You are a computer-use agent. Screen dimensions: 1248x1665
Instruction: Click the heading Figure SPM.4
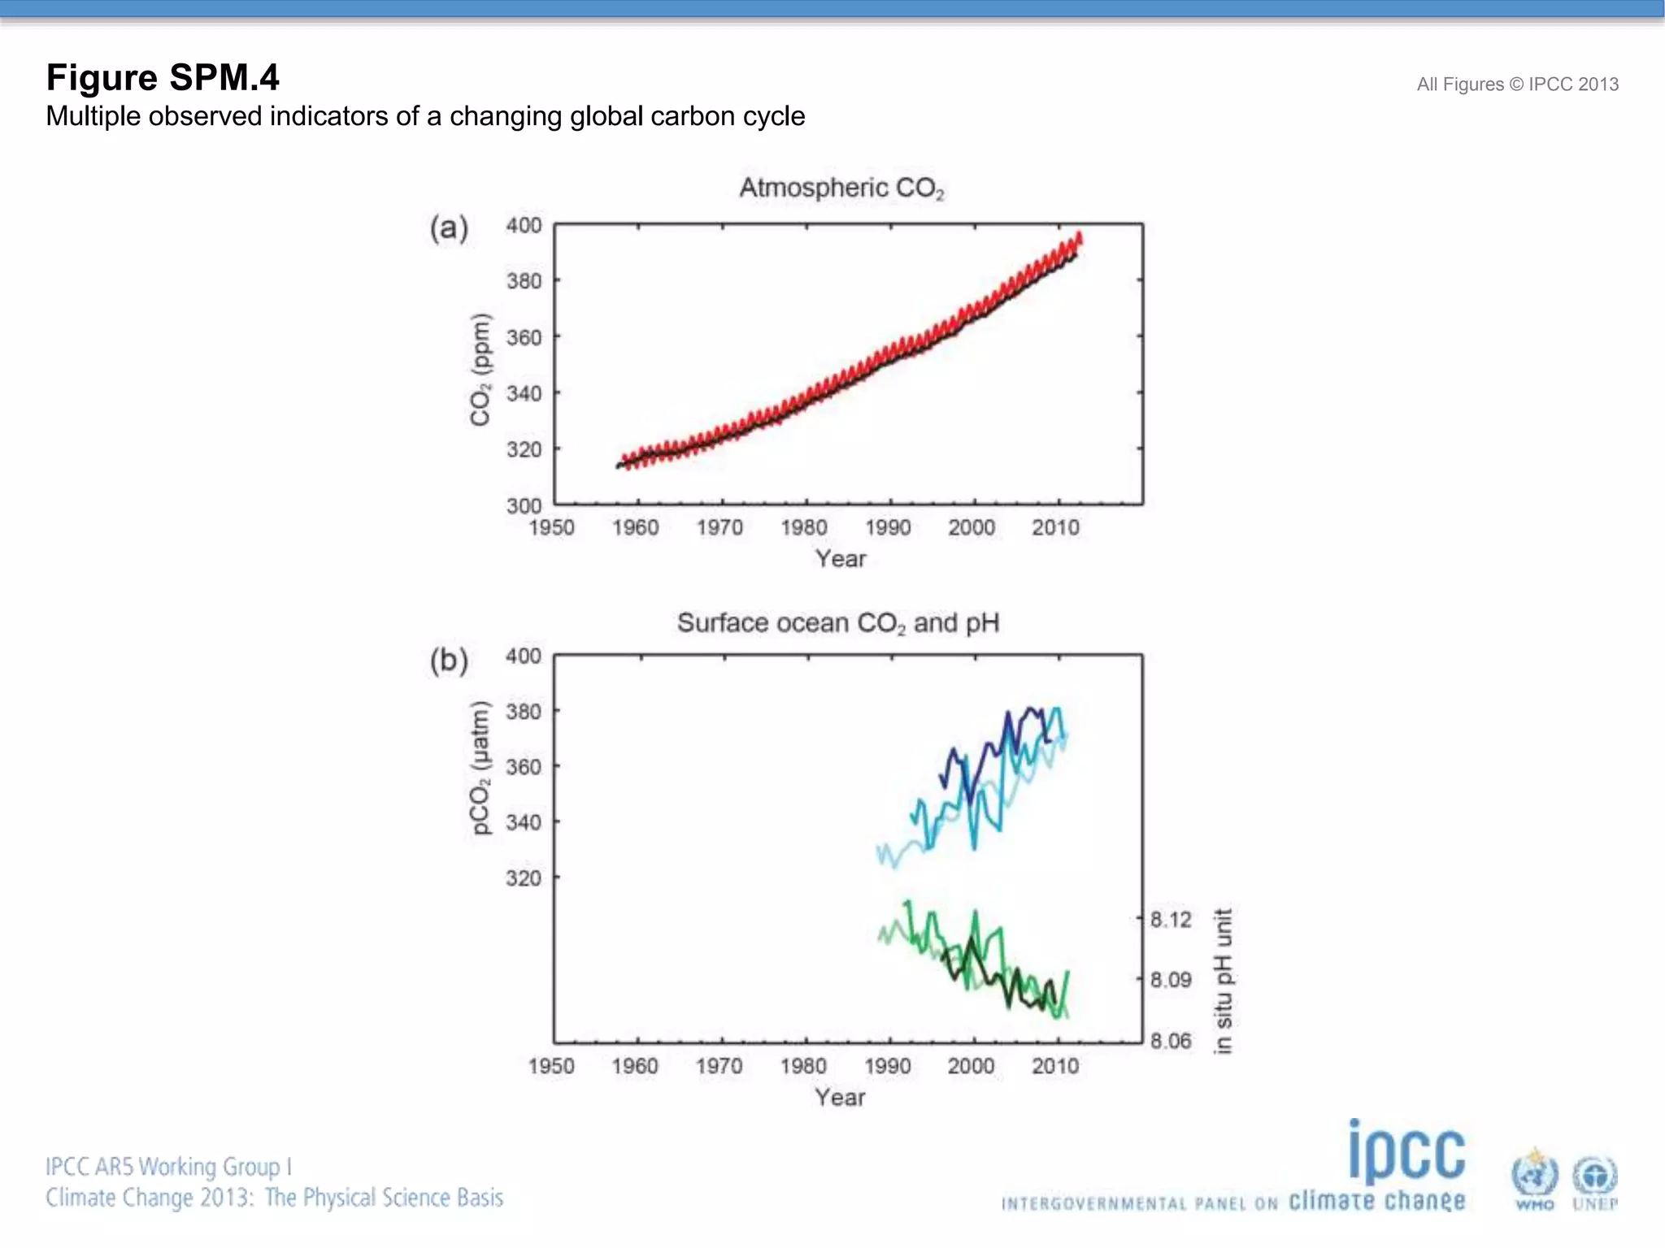pos(163,78)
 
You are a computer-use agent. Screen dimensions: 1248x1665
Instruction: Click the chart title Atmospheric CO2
pos(841,188)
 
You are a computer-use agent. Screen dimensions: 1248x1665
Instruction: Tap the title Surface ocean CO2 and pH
pos(838,623)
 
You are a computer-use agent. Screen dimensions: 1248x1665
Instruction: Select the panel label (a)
pos(449,228)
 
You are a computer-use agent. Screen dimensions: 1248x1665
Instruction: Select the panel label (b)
pos(449,661)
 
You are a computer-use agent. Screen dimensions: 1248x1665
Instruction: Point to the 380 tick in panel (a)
pos(524,281)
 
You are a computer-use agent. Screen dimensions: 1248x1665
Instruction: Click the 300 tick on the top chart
pos(524,505)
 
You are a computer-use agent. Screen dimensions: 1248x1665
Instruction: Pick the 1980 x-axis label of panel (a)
pos(804,528)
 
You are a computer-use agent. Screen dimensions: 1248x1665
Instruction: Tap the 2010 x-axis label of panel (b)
pos(1055,1066)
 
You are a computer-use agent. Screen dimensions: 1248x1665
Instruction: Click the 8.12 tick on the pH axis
pos(1171,920)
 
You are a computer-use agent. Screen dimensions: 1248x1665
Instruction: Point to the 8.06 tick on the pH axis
pos(1171,1041)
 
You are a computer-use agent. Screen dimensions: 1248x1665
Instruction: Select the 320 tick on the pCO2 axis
pos(524,878)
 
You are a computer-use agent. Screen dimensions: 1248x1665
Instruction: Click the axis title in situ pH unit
pos(1223,981)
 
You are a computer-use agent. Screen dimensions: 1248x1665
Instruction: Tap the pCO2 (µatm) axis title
pos(480,767)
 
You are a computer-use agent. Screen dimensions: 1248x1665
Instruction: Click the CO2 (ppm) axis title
pos(480,369)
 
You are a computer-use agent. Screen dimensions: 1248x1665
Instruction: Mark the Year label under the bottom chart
pos(840,1098)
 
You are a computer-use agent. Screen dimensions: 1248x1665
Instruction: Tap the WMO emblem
pos(1534,1179)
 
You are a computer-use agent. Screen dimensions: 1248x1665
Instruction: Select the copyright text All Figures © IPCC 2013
pos(1517,84)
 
